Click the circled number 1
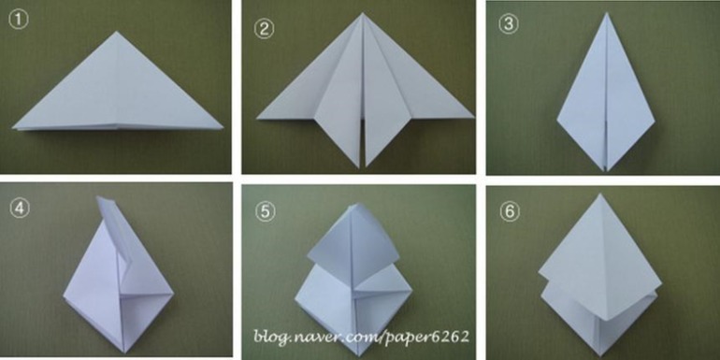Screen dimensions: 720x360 point(19,21)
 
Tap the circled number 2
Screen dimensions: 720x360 point(264,29)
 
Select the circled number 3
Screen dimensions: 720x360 point(509,24)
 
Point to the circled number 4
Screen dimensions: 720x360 point(19,209)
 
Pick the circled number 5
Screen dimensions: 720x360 point(266,211)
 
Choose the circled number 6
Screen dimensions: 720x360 point(510,211)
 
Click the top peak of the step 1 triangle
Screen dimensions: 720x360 point(117,32)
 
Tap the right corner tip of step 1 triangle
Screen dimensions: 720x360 point(223,128)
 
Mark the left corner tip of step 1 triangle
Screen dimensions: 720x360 point(14,127)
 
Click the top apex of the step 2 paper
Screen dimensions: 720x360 point(362,13)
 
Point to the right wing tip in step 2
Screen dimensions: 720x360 point(473,117)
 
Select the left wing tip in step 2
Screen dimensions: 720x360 point(257,119)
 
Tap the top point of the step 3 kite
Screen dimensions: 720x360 point(607,13)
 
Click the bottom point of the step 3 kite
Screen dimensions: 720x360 point(607,171)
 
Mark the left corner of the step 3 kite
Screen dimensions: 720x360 point(557,121)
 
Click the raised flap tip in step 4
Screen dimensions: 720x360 point(98,197)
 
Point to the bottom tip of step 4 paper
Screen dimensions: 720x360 point(124,353)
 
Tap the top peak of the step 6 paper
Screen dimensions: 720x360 point(599,194)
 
